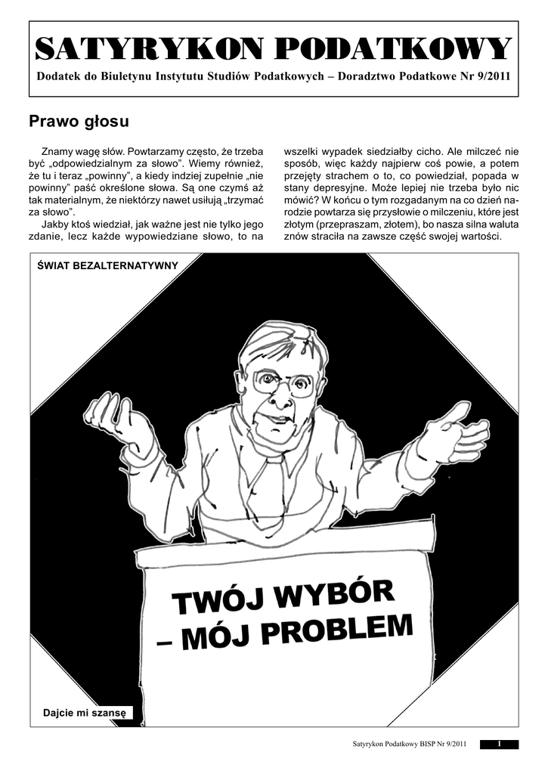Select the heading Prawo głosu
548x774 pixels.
[79, 121]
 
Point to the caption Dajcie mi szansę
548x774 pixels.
[85, 712]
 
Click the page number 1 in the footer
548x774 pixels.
[500, 745]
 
